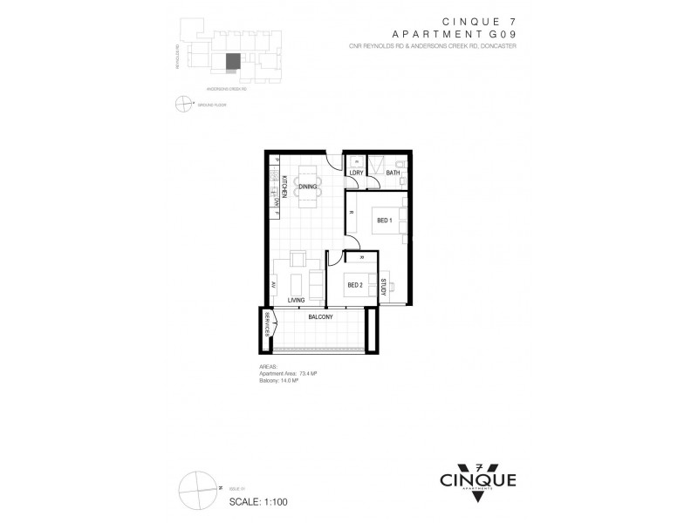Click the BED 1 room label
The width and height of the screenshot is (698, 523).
(384, 221)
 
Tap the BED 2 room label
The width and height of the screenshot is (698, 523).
(355, 285)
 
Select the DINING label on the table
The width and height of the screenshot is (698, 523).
(306, 187)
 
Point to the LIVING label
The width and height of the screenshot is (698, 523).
(296, 300)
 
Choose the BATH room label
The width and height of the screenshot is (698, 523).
(393, 173)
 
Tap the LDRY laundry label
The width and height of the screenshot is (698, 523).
(356, 173)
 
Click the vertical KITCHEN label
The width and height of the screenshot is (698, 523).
(283, 187)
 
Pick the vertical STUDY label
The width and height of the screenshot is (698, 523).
(383, 287)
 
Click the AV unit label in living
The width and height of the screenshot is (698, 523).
(273, 284)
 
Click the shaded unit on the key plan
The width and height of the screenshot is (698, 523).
(233, 62)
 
